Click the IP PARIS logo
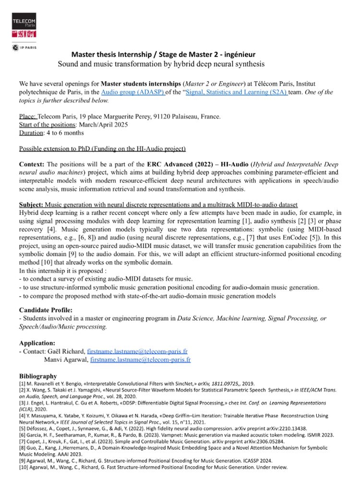point(24,48)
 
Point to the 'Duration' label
point(31,132)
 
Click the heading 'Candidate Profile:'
point(46,310)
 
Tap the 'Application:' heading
point(37,343)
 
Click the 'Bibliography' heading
point(38,376)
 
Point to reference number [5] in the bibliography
point(23,426)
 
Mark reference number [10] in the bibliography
point(24,467)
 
